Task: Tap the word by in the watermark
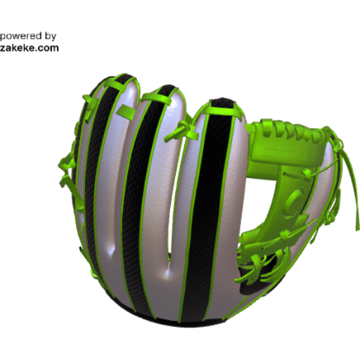pyautogui.click(x=51, y=37)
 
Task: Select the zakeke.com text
pyautogui.click(x=29, y=48)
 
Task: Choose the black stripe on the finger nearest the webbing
pyautogui.click(x=206, y=211)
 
